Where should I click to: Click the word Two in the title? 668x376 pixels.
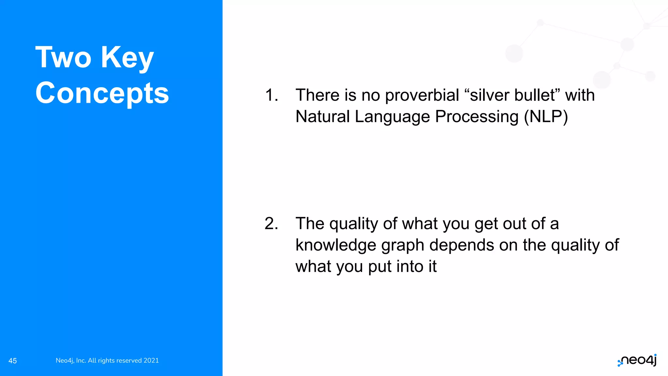(63, 57)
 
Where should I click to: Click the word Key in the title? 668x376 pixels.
(127, 57)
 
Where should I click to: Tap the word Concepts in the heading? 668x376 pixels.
(102, 93)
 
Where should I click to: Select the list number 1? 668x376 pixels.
(271, 95)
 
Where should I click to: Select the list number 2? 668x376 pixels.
(271, 224)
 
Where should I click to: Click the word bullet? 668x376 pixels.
(535, 95)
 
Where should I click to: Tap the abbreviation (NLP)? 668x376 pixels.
(546, 117)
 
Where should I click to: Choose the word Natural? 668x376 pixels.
(323, 117)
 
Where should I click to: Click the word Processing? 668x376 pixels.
(477, 117)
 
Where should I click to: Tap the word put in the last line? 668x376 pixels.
(380, 267)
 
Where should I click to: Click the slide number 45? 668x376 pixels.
(13, 361)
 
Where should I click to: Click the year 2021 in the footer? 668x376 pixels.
(151, 360)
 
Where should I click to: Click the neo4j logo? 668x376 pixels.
(637, 360)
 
